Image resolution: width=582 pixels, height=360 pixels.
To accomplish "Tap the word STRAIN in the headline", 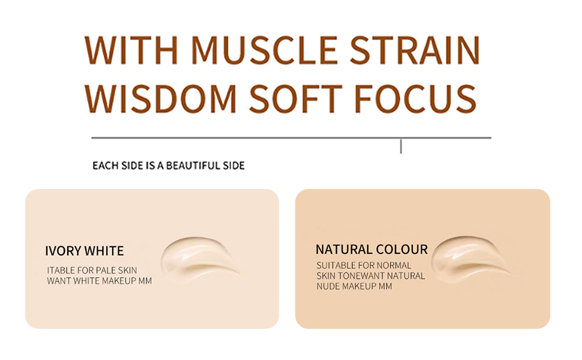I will [414, 50].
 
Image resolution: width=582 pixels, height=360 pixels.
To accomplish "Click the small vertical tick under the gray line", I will [401, 146].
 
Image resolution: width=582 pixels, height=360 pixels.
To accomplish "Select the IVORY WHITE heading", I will [85, 251].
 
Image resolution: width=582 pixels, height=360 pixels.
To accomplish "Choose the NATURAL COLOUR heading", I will [371, 250].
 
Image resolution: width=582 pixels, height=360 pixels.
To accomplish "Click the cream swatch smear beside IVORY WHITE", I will [198, 259].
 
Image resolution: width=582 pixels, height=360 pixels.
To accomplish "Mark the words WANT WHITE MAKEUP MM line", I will [99, 280].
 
